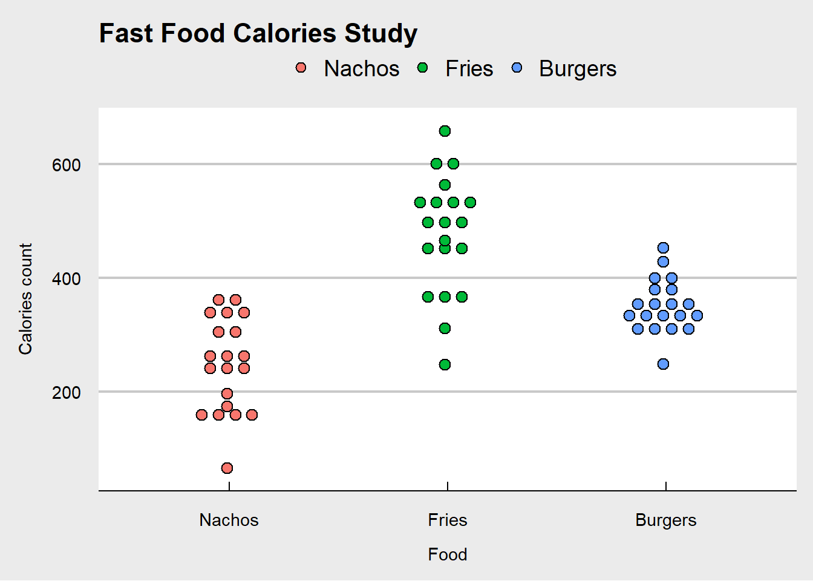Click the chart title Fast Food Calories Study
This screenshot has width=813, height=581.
pos(258,33)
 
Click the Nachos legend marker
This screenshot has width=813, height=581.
pos(301,68)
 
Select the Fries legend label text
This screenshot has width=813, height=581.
pos(469,68)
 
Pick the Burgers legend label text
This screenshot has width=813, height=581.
pos(578,68)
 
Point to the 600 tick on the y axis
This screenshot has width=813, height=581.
pos(67,165)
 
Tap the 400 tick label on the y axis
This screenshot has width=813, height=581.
pos(67,278)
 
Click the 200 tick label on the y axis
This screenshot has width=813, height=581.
pos(67,392)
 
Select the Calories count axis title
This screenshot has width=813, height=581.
pos(25,299)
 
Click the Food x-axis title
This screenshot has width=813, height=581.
pos(447,554)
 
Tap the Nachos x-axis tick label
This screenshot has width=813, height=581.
pos(229,520)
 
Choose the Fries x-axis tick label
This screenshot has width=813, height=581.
pos(447,520)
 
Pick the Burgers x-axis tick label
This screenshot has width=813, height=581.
pos(665,520)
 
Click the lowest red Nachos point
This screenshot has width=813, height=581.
pos(227,468)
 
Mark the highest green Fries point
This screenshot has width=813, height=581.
pos(445,131)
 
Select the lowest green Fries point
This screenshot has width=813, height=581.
pos(445,364)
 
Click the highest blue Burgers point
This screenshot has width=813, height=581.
pos(663,248)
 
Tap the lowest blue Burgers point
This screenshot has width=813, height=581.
pos(663,364)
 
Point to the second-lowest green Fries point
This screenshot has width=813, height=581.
pos(445,328)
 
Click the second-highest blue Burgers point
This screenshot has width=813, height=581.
pos(663,261)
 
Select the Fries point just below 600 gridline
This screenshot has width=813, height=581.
pos(445,185)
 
